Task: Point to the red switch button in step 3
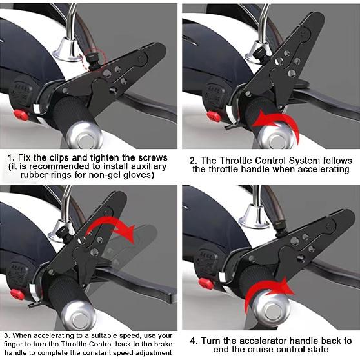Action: click(17, 294)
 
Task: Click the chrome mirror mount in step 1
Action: click(66, 48)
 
